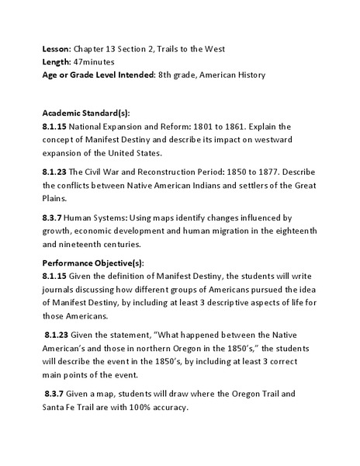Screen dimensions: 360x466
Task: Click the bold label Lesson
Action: pyautogui.click(x=57, y=49)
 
